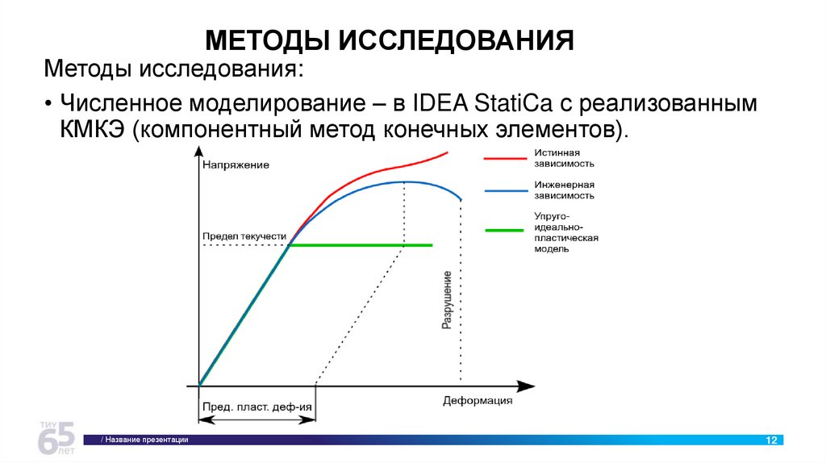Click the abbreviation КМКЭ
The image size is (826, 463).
tap(92, 131)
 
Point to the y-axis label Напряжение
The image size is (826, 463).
tap(236, 165)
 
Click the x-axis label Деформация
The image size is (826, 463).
tap(478, 401)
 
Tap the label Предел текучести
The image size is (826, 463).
tap(244, 236)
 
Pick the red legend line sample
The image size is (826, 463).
tap(505, 158)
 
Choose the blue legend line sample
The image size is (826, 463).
tap(505, 190)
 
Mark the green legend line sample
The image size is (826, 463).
tap(505, 230)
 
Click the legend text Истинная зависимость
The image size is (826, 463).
tap(564, 157)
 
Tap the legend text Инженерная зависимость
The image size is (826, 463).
tap(564, 190)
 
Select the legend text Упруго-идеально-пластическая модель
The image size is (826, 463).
tap(565, 232)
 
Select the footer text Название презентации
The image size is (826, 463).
tap(145, 440)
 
